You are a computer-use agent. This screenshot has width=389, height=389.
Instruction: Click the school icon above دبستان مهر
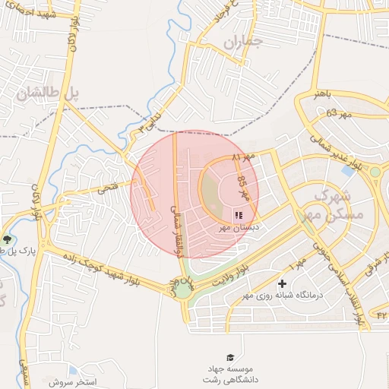239,215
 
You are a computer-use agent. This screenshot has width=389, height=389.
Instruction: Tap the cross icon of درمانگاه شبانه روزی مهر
282,283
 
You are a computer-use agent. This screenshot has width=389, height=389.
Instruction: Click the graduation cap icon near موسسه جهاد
229,357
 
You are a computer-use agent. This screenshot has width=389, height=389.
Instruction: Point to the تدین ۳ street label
153,122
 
